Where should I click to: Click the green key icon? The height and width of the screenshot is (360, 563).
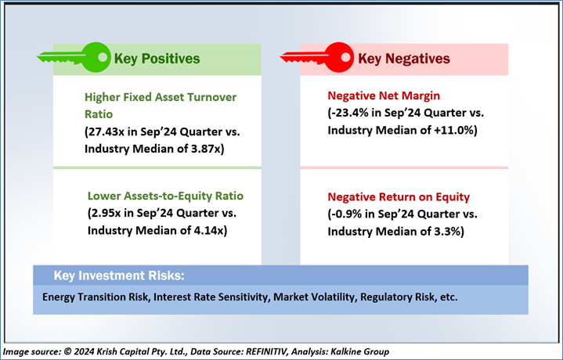[x=74, y=57]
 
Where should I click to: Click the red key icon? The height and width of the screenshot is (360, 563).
[x=317, y=57]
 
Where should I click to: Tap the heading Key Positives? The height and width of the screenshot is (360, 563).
[x=157, y=59]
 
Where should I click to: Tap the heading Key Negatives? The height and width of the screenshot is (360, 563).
[x=404, y=59]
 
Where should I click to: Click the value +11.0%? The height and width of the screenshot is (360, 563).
[x=454, y=130]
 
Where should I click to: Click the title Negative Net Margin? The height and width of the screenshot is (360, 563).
[x=384, y=95]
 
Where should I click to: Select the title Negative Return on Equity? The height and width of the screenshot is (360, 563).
[x=399, y=196]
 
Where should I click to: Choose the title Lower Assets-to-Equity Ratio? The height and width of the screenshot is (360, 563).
[x=165, y=196]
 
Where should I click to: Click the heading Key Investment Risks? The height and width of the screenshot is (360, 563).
[x=119, y=275]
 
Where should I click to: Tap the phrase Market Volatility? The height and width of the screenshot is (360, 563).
[x=314, y=297]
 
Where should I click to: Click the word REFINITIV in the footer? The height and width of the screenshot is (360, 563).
[x=267, y=351]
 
